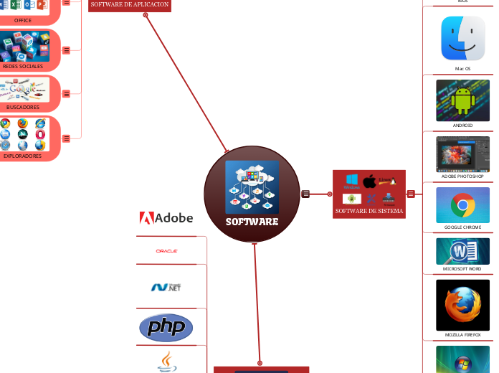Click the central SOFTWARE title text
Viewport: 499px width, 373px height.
pos(252,222)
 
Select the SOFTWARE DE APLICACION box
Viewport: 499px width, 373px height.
pos(130,4)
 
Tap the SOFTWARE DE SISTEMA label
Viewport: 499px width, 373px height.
pos(369,212)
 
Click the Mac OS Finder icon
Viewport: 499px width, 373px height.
pos(462,39)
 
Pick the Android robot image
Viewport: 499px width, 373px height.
pos(462,100)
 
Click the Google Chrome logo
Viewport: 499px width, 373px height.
pos(462,206)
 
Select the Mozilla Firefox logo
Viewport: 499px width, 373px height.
pos(462,305)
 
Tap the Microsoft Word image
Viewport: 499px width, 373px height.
pos(462,252)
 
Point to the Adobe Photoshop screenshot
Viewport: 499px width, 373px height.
pos(462,154)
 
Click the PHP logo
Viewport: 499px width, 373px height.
pos(166,328)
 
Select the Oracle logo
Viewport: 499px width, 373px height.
pos(166,251)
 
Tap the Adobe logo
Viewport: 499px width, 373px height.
pos(166,217)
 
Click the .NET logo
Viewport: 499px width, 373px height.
pos(166,287)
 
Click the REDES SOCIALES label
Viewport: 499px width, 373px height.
pos(23,66)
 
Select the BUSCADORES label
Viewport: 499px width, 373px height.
pos(23,107)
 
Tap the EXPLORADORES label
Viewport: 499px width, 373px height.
pos(23,155)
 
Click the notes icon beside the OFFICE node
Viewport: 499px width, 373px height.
pos(66,3)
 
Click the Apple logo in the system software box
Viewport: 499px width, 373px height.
pos(369,181)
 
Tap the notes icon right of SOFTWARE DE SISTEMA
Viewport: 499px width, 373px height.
pos(411,194)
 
